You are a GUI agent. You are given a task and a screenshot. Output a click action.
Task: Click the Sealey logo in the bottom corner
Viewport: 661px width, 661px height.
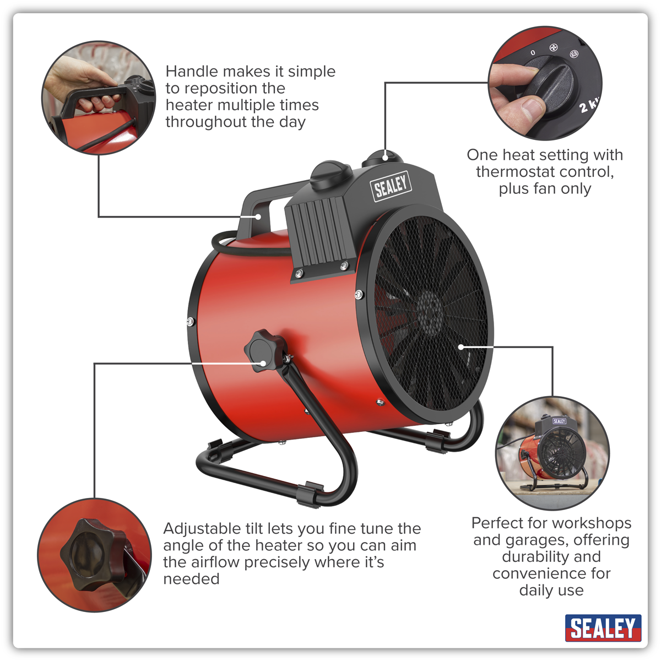603,628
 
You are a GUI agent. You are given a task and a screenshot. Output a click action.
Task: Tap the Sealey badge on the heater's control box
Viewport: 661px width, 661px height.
391,186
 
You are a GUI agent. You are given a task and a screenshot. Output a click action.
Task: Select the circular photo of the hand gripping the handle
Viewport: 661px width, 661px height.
99,97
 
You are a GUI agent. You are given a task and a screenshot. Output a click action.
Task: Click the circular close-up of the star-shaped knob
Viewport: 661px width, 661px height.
94,555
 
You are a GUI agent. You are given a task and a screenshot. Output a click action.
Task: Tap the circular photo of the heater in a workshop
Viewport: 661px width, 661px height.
552,453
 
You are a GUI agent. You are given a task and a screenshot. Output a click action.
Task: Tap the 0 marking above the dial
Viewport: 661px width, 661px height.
533,52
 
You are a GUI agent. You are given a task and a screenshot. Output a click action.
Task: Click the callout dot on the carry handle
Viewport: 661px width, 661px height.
258,216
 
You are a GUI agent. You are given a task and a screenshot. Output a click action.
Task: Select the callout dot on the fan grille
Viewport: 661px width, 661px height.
461,347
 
